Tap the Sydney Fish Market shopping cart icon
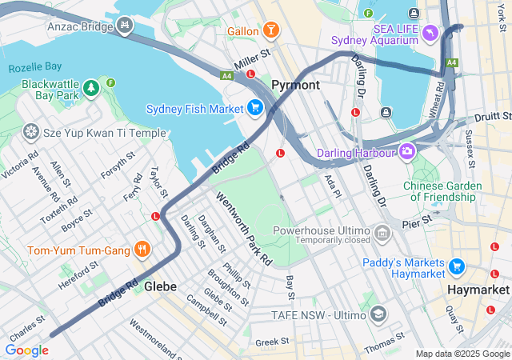[255, 108]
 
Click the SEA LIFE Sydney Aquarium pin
[430, 32]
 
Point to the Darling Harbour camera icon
[408, 151]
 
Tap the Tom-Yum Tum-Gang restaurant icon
[142, 250]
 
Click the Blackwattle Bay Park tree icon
[92, 85]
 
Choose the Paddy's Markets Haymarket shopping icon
[457, 266]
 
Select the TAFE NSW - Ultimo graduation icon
[378, 315]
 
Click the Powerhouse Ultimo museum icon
[382, 234]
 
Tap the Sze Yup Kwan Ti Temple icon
[31, 130]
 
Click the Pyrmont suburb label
[295, 85]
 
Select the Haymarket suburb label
[478, 289]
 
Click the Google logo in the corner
[26, 350]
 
